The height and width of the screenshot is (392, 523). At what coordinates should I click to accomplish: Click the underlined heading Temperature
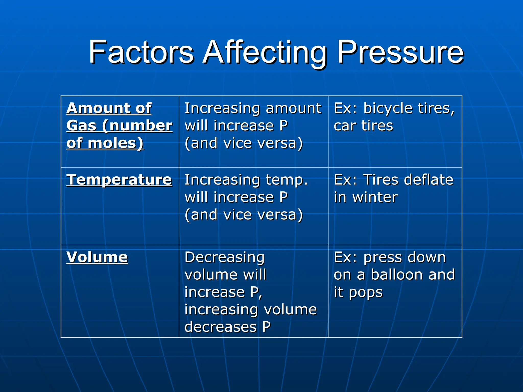tap(119, 180)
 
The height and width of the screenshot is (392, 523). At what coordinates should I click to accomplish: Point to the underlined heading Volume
tap(97, 257)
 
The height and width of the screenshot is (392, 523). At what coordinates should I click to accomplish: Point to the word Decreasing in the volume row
tap(224, 257)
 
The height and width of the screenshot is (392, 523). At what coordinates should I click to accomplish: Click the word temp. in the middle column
tap(287, 180)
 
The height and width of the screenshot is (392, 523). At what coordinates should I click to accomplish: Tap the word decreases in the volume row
tap(220, 327)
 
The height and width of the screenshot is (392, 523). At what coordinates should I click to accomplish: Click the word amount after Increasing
tap(294, 108)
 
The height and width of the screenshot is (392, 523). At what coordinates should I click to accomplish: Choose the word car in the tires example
tap(345, 126)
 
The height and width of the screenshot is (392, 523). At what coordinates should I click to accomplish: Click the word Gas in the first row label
tap(81, 126)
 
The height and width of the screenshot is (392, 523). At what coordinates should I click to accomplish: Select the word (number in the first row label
tap(137, 126)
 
